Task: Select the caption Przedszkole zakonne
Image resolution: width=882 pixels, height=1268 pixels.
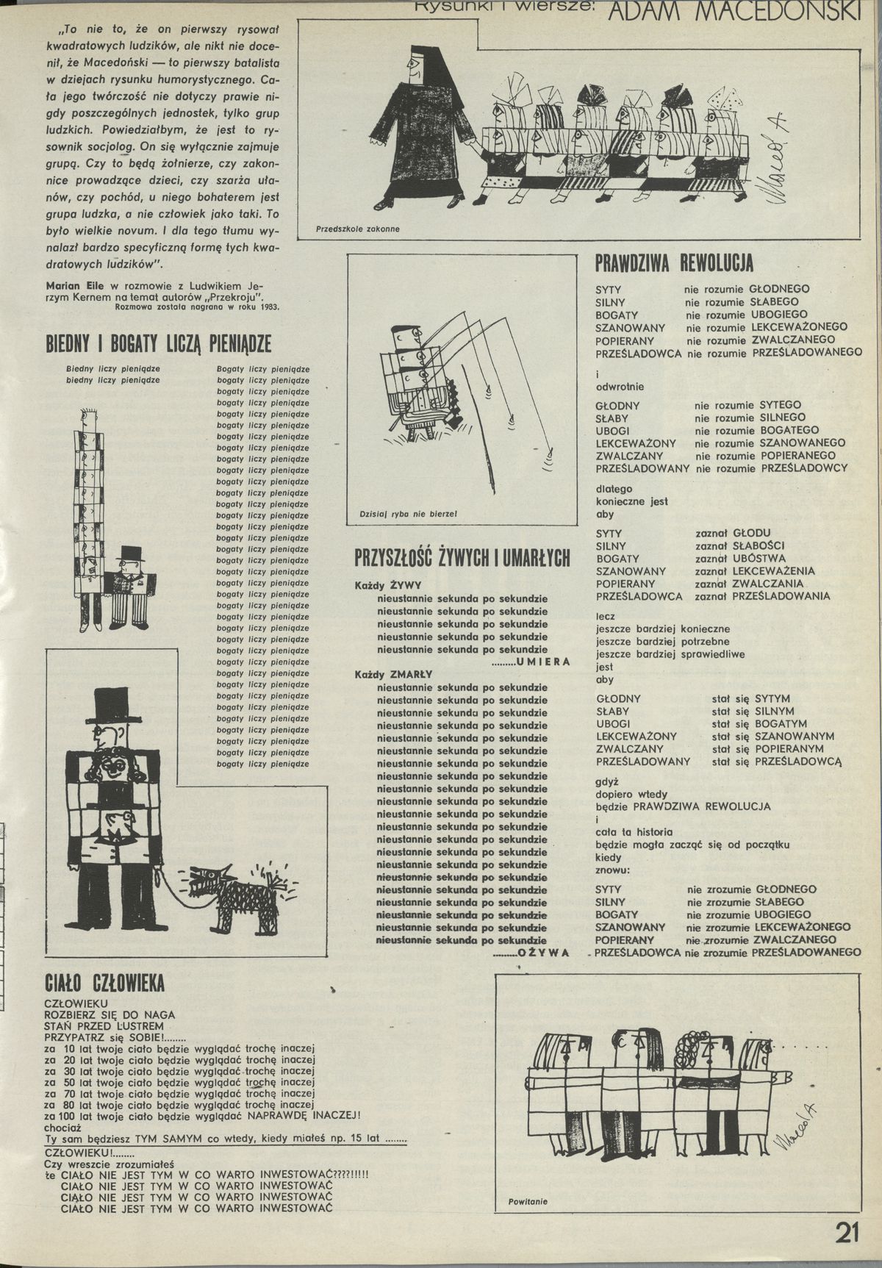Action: [x=357, y=229]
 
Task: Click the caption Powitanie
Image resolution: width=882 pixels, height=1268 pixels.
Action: [x=528, y=1202]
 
